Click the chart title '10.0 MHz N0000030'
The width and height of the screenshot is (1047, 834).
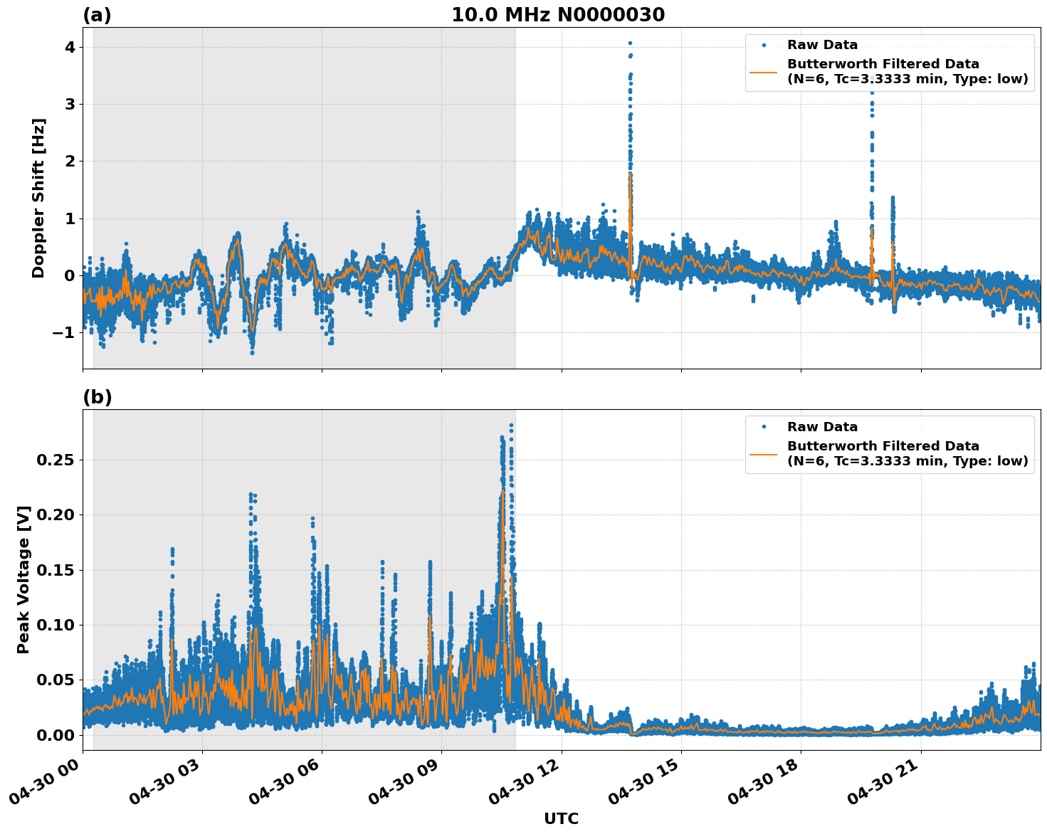558,15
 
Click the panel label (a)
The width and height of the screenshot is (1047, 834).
97,15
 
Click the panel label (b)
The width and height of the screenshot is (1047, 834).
97,397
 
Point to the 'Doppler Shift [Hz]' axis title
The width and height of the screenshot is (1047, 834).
38,198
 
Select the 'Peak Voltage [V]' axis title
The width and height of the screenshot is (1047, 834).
23,579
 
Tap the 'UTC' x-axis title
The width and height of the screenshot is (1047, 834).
561,818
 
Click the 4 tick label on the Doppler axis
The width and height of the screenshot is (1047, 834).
70,48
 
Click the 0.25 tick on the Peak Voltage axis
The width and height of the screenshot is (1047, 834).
55,460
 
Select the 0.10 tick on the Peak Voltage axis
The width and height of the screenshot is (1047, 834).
55,625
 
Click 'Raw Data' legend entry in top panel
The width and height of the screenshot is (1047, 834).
822,45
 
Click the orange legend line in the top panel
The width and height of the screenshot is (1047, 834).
763,71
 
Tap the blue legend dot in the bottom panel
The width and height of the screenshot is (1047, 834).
763,427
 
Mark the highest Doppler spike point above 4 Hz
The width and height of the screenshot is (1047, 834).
630,43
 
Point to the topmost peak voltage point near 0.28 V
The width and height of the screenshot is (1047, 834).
511,426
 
